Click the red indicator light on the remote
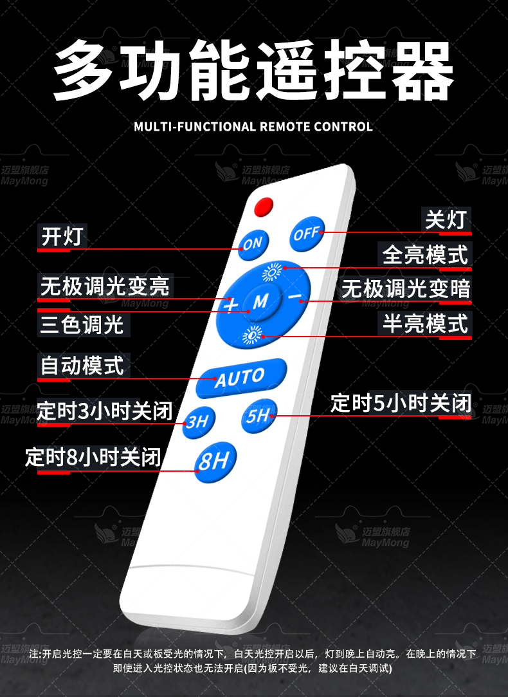click(x=264, y=207)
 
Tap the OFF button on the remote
click(x=307, y=234)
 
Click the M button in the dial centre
click(x=261, y=301)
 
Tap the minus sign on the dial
click(x=295, y=296)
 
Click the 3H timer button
click(x=197, y=422)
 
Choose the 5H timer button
click(x=259, y=415)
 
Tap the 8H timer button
click(x=215, y=460)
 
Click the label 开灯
click(x=62, y=236)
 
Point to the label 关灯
click(x=446, y=219)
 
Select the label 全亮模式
click(x=426, y=254)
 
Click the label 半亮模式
click(x=426, y=323)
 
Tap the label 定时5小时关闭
click(x=401, y=404)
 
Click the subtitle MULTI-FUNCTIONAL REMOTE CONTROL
click(x=253, y=126)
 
